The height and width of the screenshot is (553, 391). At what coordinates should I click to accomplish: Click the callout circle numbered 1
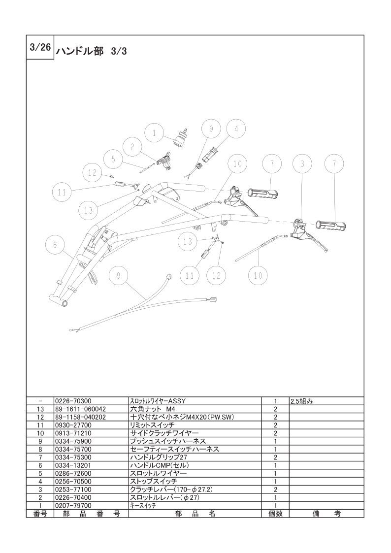pyautogui.click(x=154, y=133)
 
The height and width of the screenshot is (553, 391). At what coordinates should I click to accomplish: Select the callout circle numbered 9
pyautogui.click(x=211, y=129)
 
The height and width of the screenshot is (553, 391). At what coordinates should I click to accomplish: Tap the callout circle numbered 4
pyautogui.click(x=236, y=129)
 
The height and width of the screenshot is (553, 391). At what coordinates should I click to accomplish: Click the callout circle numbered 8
pyautogui.click(x=119, y=276)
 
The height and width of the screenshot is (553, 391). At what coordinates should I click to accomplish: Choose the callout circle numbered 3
pyautogui.click(x=302, y=163)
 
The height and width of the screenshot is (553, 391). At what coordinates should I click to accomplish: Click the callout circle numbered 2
pyautogui.click(x=132, y=147)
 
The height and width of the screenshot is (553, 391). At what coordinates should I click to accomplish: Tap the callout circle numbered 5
pyautogui.click(x=113, y=160)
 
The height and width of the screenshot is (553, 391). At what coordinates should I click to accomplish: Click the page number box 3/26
pyautogui.click(x=40, y=47)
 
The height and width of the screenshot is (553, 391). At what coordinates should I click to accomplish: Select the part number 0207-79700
pyautogui.click(x=73, y=505)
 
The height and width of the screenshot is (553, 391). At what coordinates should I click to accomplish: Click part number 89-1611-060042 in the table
pyautogui.click(x=81, y=409)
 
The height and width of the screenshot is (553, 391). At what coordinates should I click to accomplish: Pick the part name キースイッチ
pyautogui.click(x=143, y=505)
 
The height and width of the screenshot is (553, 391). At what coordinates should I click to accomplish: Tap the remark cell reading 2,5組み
pyautogui.click(x=302, y=401)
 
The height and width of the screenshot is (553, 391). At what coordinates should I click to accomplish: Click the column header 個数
pyautogui.click(x=275, y=514)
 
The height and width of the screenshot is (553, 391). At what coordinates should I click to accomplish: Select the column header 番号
pyautogui.click(x=40, y=514)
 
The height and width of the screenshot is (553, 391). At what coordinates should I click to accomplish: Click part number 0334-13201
pyautogui.click(x=73, y=465)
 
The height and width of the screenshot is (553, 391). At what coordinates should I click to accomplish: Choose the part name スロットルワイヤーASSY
pyautogui.click(x=158, y=401)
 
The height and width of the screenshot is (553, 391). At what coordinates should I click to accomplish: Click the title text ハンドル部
pyautogui.click(x=80, y=52)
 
